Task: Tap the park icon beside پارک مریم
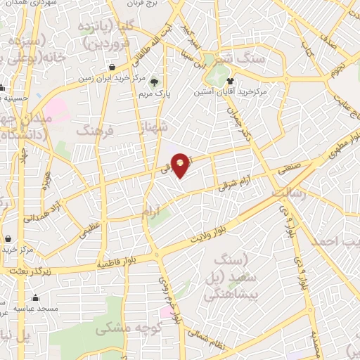[x=153, y=82]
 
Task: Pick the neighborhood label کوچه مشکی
[x=138, y=328]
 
